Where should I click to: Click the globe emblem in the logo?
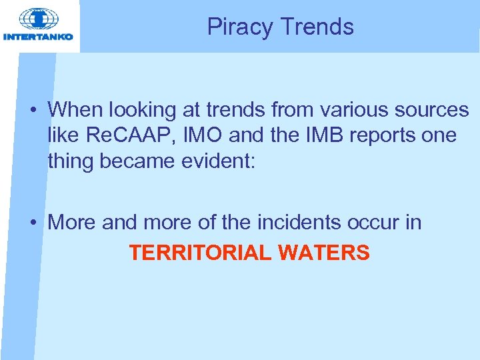(x=39, y=18)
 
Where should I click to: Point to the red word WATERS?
(x=325, y=253)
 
